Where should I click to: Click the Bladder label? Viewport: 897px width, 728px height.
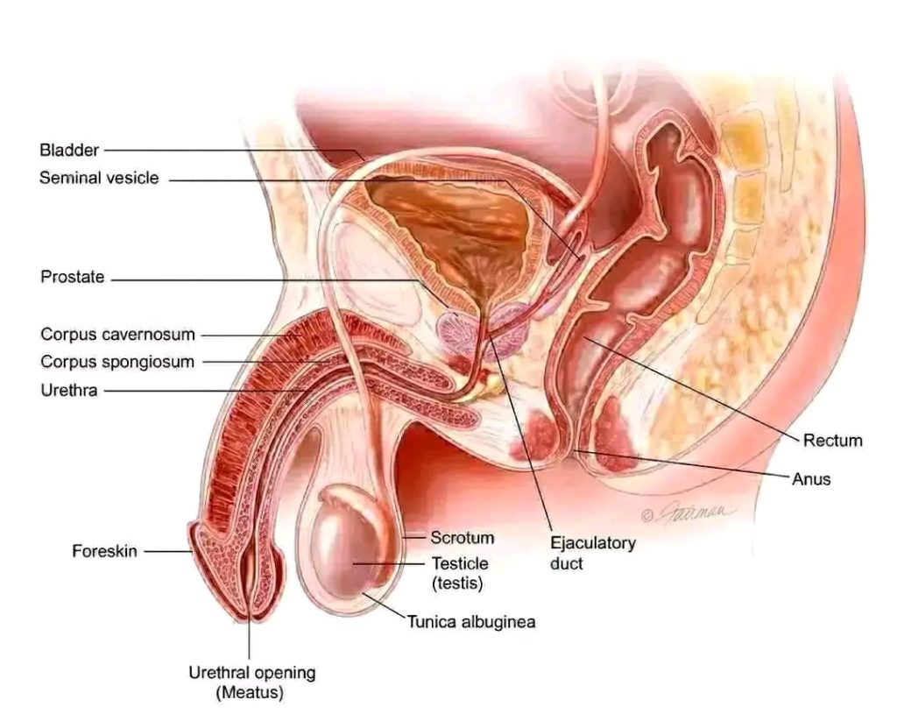pos(69,150)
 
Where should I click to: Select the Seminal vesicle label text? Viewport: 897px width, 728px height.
pos(99,178)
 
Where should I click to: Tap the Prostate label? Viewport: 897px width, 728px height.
pos(73,277)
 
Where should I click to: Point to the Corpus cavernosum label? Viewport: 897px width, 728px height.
pos(118,335)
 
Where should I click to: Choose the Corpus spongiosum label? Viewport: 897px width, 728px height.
pos(117,362)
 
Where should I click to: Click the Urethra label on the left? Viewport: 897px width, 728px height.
pos(69,391)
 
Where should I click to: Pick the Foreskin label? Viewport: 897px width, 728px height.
pos(105,551)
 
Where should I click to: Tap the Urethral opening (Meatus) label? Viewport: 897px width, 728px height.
pos(251,682)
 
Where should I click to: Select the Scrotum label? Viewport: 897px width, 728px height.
pos(463,537)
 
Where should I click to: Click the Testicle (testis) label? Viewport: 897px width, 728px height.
pos(459,573)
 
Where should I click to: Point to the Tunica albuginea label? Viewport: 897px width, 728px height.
pos(471,621)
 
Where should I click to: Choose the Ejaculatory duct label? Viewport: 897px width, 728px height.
pos(593,553)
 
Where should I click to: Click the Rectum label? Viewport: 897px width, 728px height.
pos(832,440)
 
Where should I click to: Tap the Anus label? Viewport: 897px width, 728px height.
pos(810,478)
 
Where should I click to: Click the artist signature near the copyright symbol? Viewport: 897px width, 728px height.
pos(695,512)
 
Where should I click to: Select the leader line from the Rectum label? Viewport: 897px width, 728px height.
pos(690,389)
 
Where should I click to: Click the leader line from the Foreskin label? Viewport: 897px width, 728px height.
pos(168,552)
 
